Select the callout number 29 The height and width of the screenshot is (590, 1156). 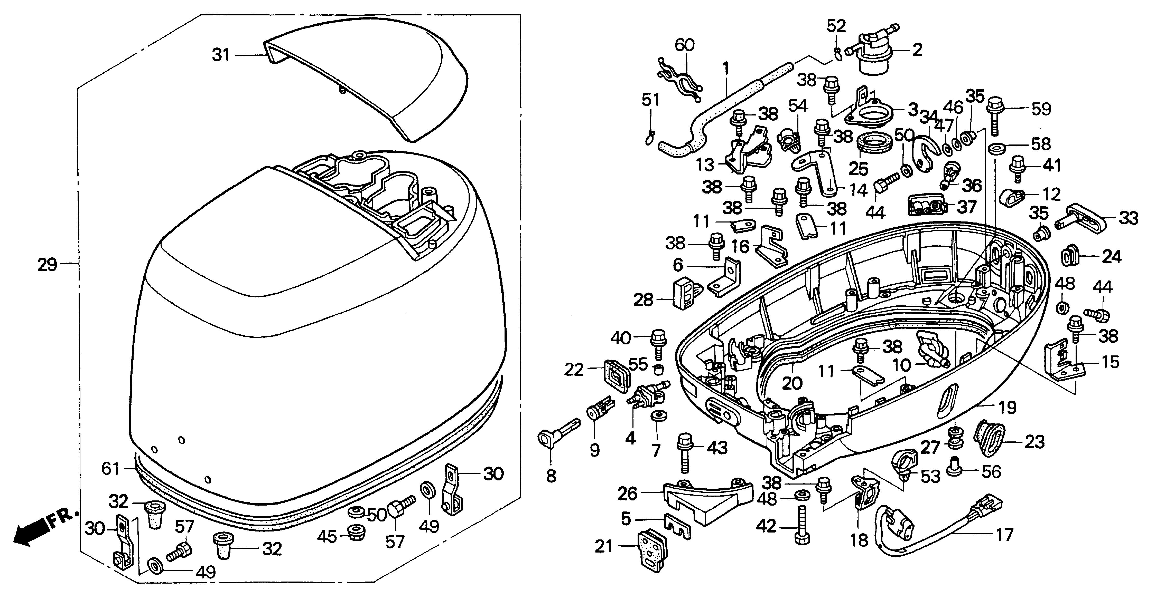pos(47,265)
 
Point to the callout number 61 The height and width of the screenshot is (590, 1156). pos(110,469)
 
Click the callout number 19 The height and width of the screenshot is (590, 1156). pos(1007,408)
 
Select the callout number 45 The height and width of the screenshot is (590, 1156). pos(327,536)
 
